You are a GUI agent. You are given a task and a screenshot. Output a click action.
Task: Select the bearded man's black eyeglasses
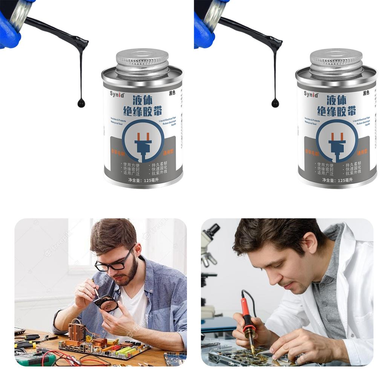pos(113,264)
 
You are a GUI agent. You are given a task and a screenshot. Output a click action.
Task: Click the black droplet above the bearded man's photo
pos(81,103)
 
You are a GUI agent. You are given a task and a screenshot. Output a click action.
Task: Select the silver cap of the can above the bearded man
pos(142,60)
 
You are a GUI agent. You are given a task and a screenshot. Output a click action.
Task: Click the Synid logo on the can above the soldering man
pos(311,94)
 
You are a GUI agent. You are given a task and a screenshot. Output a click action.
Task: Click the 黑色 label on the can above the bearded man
pos(172,93)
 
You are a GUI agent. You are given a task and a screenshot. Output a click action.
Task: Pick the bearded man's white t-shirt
pos(139,309)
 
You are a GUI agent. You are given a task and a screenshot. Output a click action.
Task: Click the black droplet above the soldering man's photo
pos(275,103)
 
